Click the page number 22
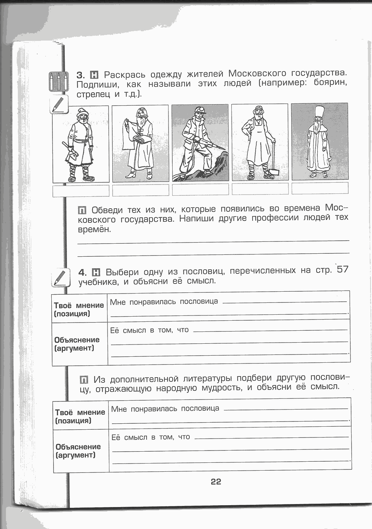coord(216,482)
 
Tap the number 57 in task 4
coord(342,269)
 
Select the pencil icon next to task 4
coord(59,278)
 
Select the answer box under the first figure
coord(81,190)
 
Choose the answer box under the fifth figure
coord(320,188)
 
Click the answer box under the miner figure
coord(200,190)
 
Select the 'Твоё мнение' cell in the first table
coord(79,309)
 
